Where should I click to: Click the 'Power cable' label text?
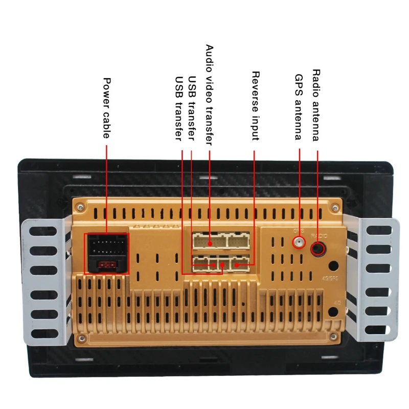click(107, 108)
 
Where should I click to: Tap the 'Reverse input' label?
click(255, 105)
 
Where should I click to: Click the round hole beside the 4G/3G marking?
click(333, 266)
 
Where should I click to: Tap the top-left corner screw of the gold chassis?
click(79, 207)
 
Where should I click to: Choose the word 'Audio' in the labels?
click(209, 58)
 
